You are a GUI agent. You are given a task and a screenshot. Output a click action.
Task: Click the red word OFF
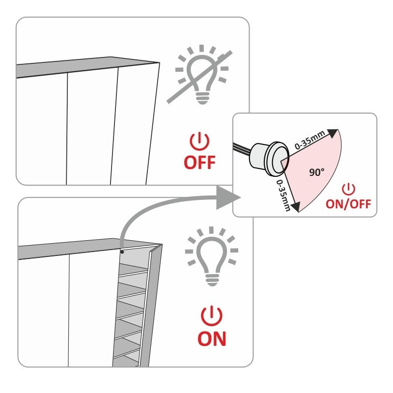pos(199,162)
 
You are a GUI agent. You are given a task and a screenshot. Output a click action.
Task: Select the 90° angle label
pos(317,172)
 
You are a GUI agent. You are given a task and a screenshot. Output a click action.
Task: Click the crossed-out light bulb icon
pos(201,76)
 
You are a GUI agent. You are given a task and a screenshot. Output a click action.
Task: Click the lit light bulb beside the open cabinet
pos(211,255)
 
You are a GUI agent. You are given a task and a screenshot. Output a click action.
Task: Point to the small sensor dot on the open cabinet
pos(122,252)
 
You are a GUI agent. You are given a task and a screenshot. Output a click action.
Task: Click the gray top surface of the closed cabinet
pos(84,69)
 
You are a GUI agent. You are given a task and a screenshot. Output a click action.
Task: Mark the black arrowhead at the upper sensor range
pos(333,133)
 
